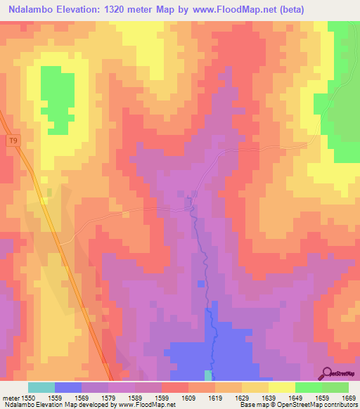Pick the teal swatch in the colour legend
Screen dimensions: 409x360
coord(41,387)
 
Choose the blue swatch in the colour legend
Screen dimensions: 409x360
coord(68,387)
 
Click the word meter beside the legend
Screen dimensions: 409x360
coord(10,397)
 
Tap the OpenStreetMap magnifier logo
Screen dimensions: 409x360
coord(328,372)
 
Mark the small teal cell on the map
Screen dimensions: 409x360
coord(207,375)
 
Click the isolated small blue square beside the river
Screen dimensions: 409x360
coord(201,284)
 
